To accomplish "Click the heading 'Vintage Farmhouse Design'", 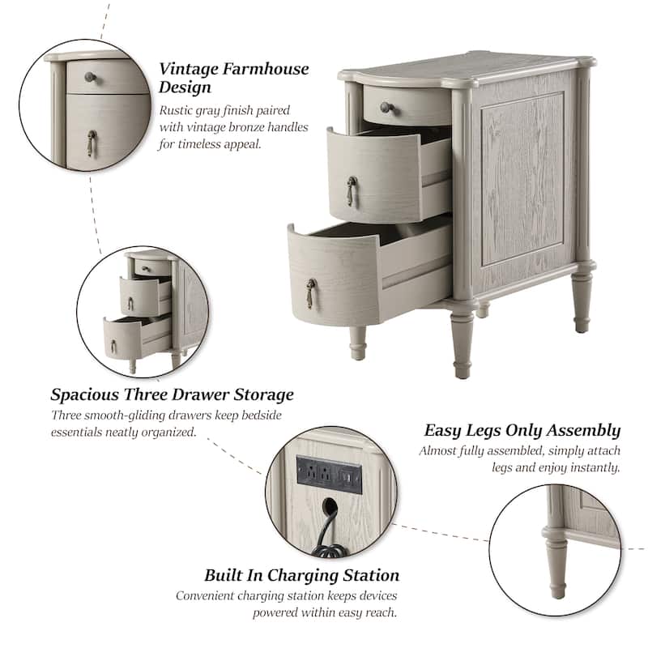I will coord(233,78).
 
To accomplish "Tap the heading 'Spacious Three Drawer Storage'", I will coord(172,395).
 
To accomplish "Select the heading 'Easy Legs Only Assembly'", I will coord(522,430).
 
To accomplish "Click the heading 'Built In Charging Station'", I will coord(301,576).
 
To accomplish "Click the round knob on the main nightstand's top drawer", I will coord(386,107).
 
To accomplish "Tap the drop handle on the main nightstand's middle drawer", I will coord(352,190).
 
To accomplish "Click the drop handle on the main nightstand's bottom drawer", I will coord(310,293).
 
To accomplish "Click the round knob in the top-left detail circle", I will coord(90,78).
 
